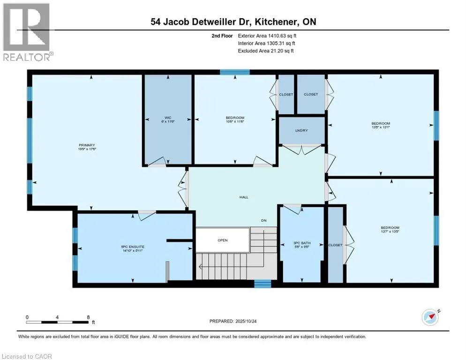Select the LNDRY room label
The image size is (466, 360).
point(302,130)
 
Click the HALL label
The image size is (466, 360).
point(244,197)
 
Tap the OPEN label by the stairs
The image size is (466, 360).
point(222,240)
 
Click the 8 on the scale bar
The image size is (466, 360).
point(88,317)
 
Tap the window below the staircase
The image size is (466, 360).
point(263,283)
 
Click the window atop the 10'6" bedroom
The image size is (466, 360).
point(228,72)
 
